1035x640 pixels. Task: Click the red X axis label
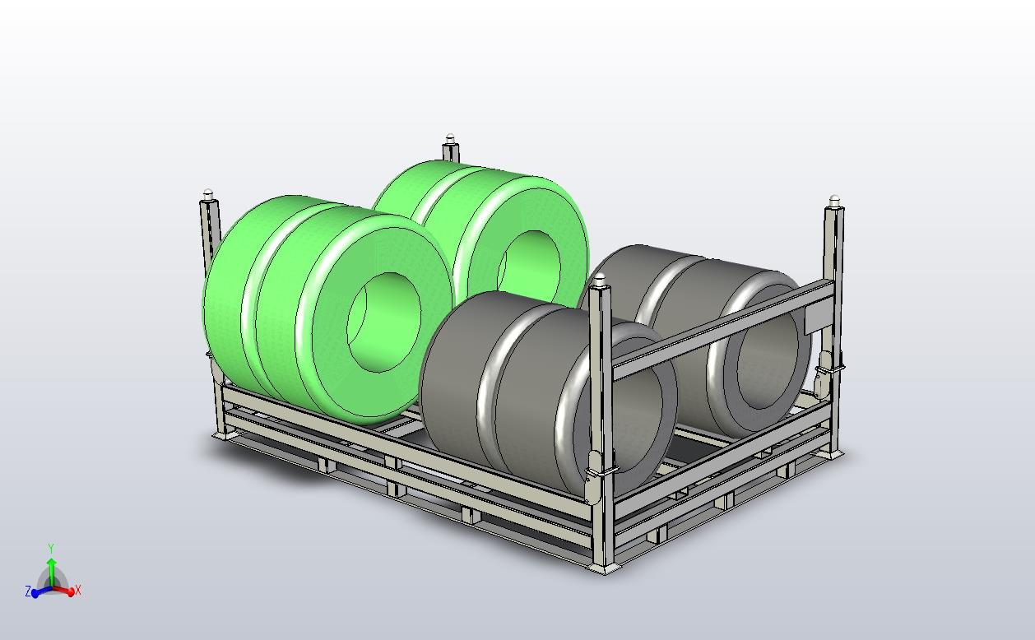pyautogui.click(x=78, y=591)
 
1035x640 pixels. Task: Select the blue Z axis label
pyautogui.click(x=28, y=591)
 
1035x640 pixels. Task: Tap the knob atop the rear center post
pyautogui.click(x=450, y=139)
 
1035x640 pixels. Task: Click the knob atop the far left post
pyautogui.click(x=208, y=195)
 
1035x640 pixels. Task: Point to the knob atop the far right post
pyautogui.click(x=835, y=201)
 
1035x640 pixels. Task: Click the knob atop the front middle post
pyautogui.click(x=601, y=280)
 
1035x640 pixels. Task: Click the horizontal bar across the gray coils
pyautogui.click(x=716, y=329)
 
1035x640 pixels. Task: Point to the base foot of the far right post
pyautogui.click(x=834, y=452)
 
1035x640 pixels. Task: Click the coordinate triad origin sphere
pyautogui.click(x=51, y=587)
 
